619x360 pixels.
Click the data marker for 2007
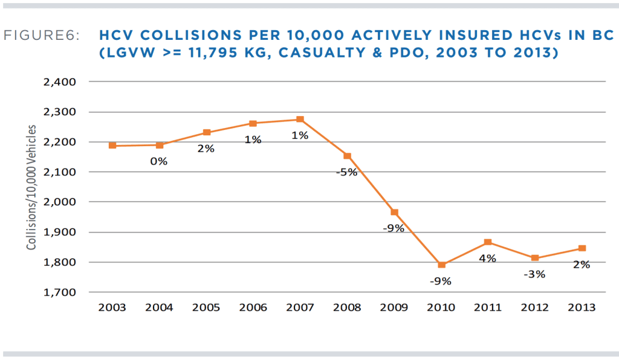[300, 120]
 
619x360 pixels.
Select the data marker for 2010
[441, 265]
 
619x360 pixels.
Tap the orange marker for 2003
[112, 146]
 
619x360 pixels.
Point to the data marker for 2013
[582, 248]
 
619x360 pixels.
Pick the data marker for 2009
[394, 212]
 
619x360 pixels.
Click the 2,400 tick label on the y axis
[60, 82]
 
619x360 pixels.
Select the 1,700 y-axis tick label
[60, 292]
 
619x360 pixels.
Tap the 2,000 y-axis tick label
[60, 202]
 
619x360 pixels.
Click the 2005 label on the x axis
[206, 307]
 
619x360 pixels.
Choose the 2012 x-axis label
[535, 307]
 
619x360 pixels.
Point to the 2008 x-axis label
[347, 307]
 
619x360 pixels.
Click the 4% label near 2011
[487, 259]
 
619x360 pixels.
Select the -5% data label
[347, 172]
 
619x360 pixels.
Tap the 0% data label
[159, 161]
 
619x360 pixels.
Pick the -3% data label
[534, 274]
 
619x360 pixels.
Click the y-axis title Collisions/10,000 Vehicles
[31, 188]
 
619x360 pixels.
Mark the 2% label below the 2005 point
[206, 149]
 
